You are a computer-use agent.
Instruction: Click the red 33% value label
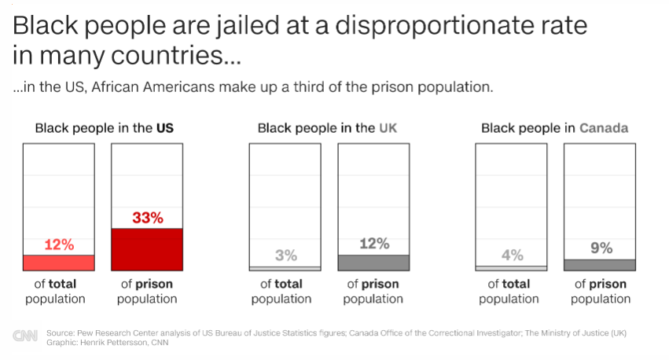(x=148, y=218)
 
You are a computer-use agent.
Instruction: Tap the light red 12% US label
(x=59, y=244)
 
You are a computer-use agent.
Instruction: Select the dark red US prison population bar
(x=147, y=249)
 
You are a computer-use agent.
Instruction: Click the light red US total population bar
(x=59, y=263)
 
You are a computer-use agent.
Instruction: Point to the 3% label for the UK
(x=286, y=255)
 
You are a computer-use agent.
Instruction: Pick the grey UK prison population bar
(x=373, y=263)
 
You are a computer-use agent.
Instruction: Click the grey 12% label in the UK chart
(x=374, y=244)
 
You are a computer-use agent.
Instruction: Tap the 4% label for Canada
(x=512, y=255)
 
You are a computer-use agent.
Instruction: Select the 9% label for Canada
(x=601, y=248)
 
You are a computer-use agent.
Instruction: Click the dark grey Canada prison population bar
(x=600, y=265)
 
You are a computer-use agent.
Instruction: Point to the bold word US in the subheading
(x=164, y=128)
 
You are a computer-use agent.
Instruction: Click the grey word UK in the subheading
(x=388, y=128)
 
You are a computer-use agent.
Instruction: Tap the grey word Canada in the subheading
(x=604, y=128)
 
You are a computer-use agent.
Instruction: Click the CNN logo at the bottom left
(x=25, y=336)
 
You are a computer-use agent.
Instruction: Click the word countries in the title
(x=167, y=56)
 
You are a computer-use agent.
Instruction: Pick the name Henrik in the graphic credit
(x=91, y=343)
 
